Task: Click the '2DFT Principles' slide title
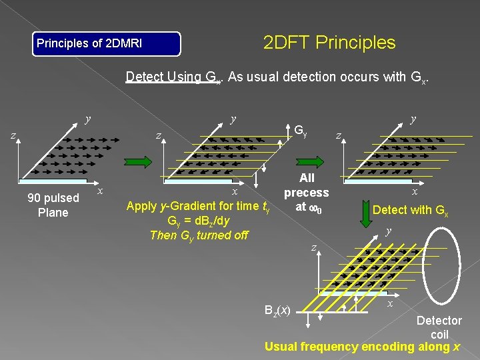pos(329,43)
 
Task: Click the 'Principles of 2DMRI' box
pos(107,43)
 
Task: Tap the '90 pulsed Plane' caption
pos(53,205)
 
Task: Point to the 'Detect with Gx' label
pos(411,209)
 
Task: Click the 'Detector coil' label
pos(439,327)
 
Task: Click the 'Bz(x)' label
pos(276,310)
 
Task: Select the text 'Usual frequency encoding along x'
pos(362,347)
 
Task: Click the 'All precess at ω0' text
pos(307,192)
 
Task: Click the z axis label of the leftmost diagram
pos(12,135)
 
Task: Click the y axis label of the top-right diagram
pos(413,119)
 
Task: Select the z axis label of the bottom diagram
pos(314,248)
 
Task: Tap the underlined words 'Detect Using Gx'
pos(174,77)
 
